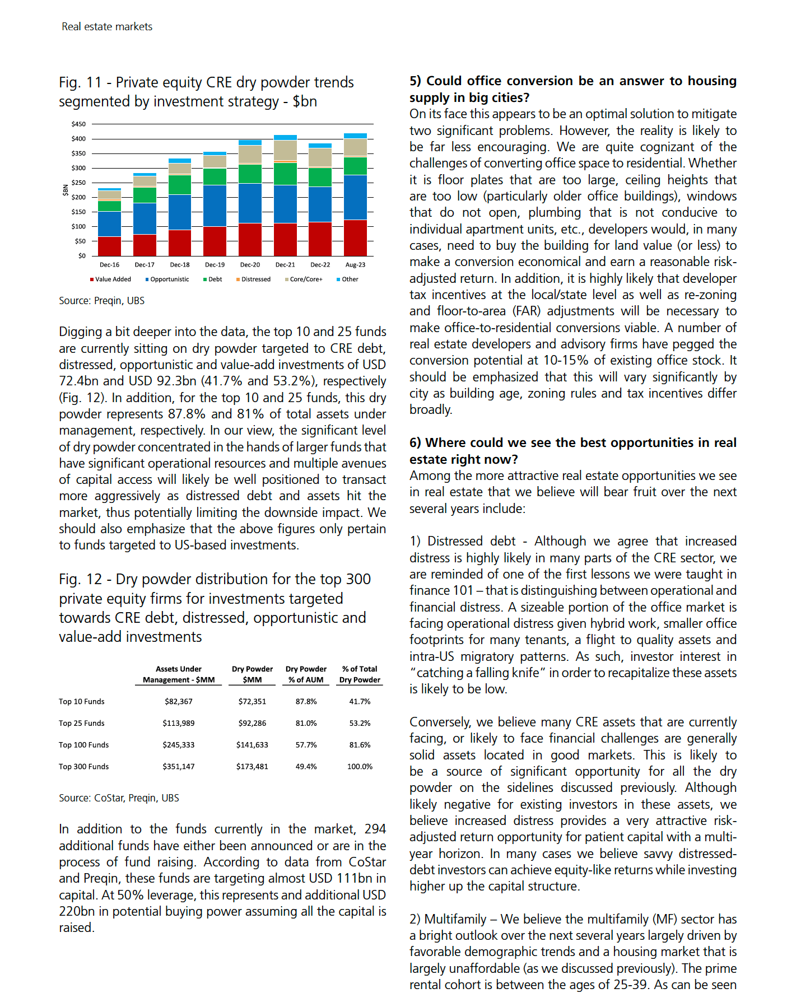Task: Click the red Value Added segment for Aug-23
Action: (x=355, y=238)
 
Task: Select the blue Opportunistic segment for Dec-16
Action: (x=109, y=224)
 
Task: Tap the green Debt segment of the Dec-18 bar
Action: (x=180, y=185)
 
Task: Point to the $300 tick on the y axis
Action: (x=78, y=168)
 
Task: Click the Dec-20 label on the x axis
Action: (x=250, y=265)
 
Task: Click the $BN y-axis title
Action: (x=66, y=190)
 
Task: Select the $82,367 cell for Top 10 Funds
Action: (x=179, y=702)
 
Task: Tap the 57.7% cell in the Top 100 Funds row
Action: (x=306, y=745)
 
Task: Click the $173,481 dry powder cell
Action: (x=252, y=767)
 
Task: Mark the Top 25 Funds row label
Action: (x=82, y=724)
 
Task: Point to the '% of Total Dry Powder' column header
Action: (x=360, y=674)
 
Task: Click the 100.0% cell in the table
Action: (x=360, y=767)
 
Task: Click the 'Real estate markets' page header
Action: (x=107, y=27)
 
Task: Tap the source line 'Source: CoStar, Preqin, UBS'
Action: (x=119, y=798)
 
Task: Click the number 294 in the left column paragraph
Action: (x=375, y=829)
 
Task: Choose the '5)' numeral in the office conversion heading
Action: (x=415, y=81)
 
